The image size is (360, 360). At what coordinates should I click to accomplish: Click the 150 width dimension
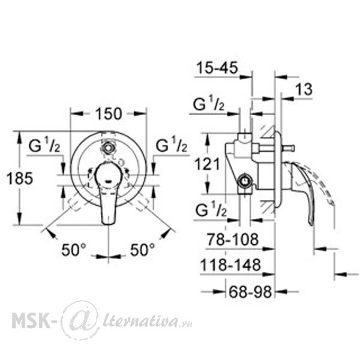pyautogui.click(x=109, y=114)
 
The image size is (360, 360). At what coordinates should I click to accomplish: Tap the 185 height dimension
pyautogui.click(x=20, y=178)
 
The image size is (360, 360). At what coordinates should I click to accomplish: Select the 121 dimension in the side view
pyautogui.click(x=207, y=164)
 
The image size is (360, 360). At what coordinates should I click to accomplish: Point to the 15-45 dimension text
pyautogui.click(x=217, y=68)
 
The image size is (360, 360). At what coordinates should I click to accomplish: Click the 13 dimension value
pyautogui.click(x=304, y=89)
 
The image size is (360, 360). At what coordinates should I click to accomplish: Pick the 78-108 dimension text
pyautogui.click(x=233, y=239)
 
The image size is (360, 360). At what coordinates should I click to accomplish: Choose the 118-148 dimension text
pyautogui.click(x=230, y=265)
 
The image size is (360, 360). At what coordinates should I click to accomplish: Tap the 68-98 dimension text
pyautogui.click(x=250, y=292)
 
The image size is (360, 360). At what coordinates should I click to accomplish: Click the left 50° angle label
pyautogui.click(x=73, y=250)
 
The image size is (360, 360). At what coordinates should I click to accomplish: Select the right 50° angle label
pyautogui.click(x=142, y=250)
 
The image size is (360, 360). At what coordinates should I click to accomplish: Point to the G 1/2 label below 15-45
pyautogui.click(x=208, y=104)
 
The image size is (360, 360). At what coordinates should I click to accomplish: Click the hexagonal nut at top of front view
pyautogui.click(x=107, y=148)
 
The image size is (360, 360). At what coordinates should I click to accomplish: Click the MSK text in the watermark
pyautogui.click(x=31, y=319)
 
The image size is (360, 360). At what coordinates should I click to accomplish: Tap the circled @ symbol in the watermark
pyautogui.click(x=80, y=320)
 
